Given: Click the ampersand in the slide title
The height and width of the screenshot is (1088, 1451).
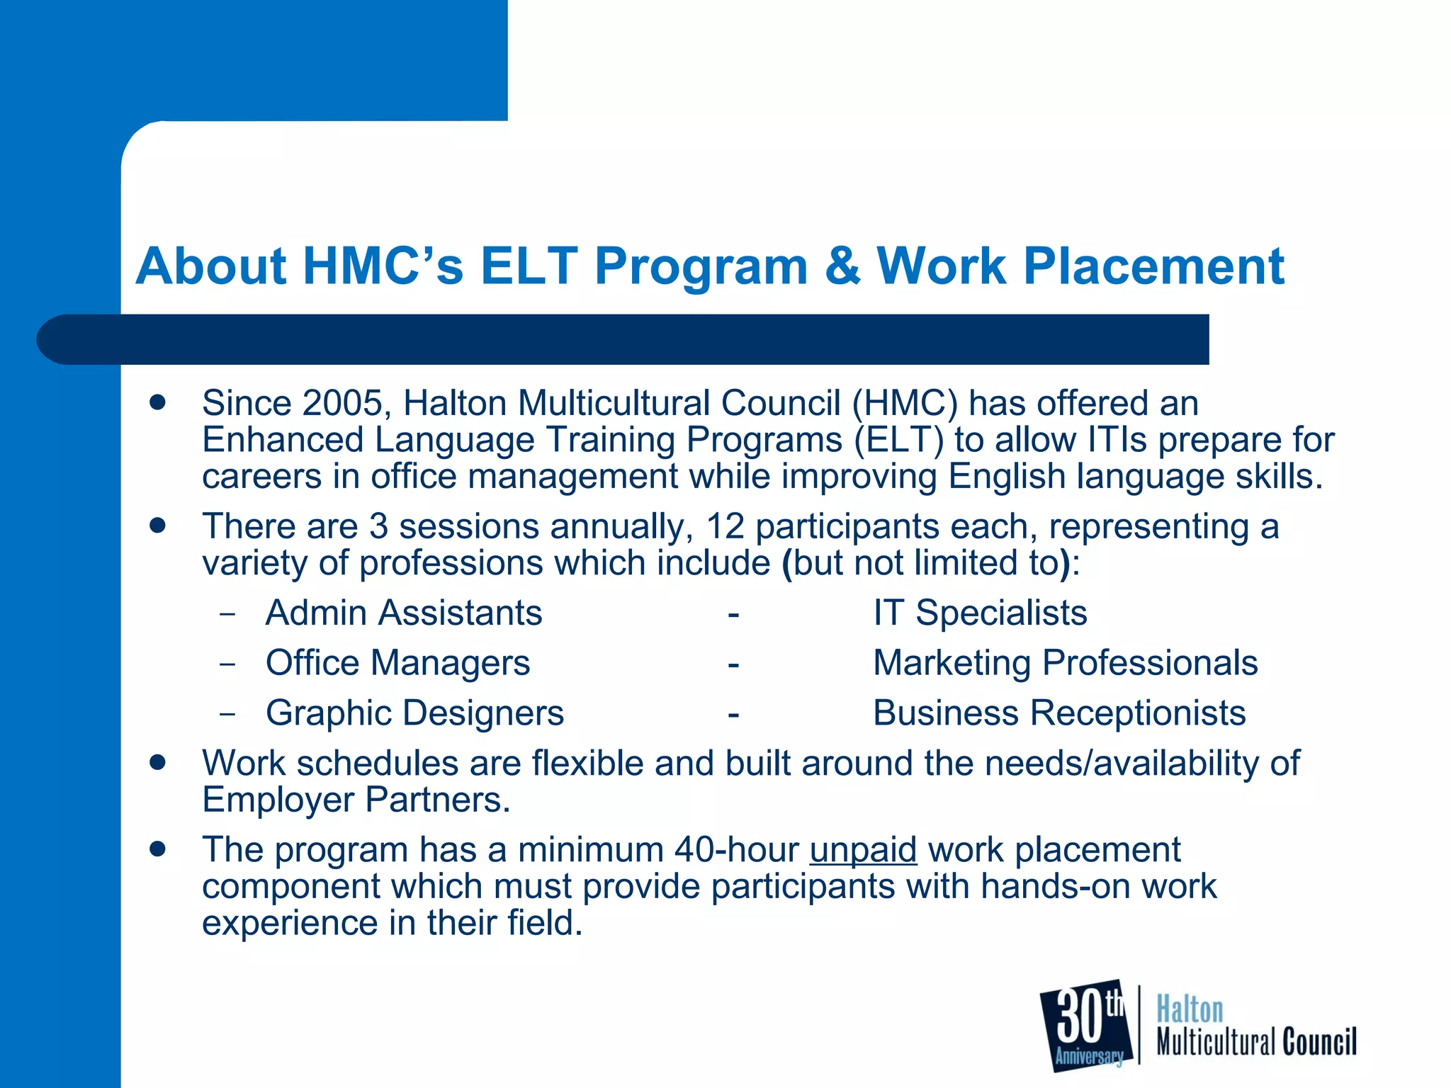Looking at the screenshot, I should [x=842, y=266].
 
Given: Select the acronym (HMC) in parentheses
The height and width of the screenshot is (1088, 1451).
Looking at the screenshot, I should [x=904, y=403].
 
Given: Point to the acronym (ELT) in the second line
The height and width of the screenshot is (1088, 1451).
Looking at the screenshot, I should [x=898, y=440].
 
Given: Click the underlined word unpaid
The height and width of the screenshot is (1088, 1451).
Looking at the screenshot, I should [x=863, y=849].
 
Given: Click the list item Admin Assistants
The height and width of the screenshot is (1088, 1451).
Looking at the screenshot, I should [x=404, y=613].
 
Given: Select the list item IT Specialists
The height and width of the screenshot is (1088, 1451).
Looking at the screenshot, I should [x=980, y=613].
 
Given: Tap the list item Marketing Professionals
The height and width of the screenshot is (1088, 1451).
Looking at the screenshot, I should [x=1065, y=663].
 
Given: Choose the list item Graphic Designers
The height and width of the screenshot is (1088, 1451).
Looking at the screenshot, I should [x=414, y=713].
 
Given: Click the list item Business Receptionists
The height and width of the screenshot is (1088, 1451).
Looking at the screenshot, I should [x=1059, y=713].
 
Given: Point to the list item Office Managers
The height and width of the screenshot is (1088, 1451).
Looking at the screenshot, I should [x=397, y=663].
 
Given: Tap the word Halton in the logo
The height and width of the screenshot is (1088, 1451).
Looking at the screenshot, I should [x=1190, y=1009].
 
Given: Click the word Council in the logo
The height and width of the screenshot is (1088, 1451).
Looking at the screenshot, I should [x=1319, y=1042].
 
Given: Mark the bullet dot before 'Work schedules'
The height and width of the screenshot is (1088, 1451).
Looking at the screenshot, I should [x=158, y=762].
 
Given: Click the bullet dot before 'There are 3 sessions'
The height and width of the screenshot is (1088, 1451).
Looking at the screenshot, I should [x=158, y=526].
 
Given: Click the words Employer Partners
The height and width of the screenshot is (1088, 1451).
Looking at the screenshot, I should [x=356, y=800].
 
